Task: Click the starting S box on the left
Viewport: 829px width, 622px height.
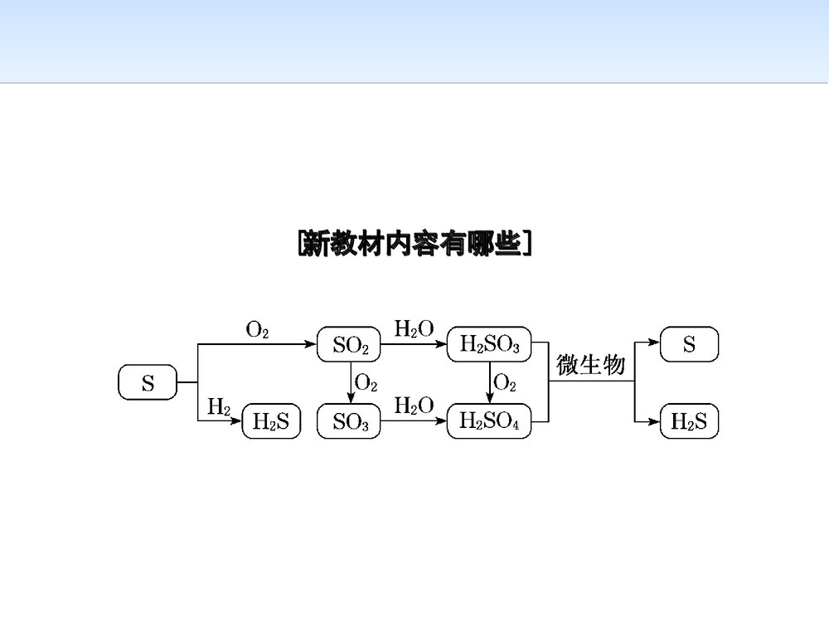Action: (148, 383)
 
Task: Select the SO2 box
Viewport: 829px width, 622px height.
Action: (350, 345)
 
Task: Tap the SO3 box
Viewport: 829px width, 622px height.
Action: (350, 423)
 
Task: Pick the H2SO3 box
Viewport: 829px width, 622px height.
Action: (489, 345)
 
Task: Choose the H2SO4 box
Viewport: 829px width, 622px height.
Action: (489, 423)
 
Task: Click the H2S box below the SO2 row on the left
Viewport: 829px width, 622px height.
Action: (271, 423)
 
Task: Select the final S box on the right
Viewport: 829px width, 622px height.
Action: (689, 345)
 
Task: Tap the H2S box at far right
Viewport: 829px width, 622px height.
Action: (689, 423)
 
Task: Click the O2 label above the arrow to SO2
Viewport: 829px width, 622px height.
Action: (258, 329)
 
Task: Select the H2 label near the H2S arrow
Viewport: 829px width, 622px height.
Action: (219, 406)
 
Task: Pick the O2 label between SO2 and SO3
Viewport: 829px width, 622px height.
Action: (366, 383)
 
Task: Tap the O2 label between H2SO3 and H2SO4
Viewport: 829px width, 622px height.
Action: (505, 383)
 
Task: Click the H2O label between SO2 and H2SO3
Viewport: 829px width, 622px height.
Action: (414, 329)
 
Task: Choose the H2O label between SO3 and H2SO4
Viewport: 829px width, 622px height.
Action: (414, 406)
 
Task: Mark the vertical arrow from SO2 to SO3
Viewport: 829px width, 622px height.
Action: (350, 384)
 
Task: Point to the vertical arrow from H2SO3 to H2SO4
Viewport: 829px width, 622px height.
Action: (489, 384)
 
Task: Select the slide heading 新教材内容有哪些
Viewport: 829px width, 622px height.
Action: (414, 244)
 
